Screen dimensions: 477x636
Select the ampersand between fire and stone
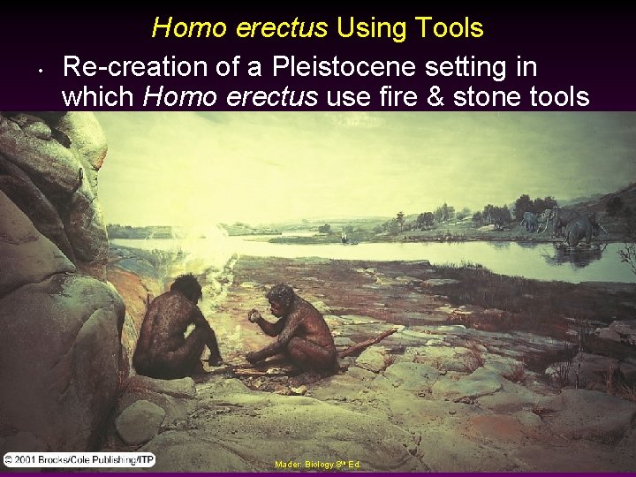point(437,96)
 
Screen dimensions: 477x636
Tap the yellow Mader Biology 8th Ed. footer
point(317,464)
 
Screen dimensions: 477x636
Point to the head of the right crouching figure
point(281,297)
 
